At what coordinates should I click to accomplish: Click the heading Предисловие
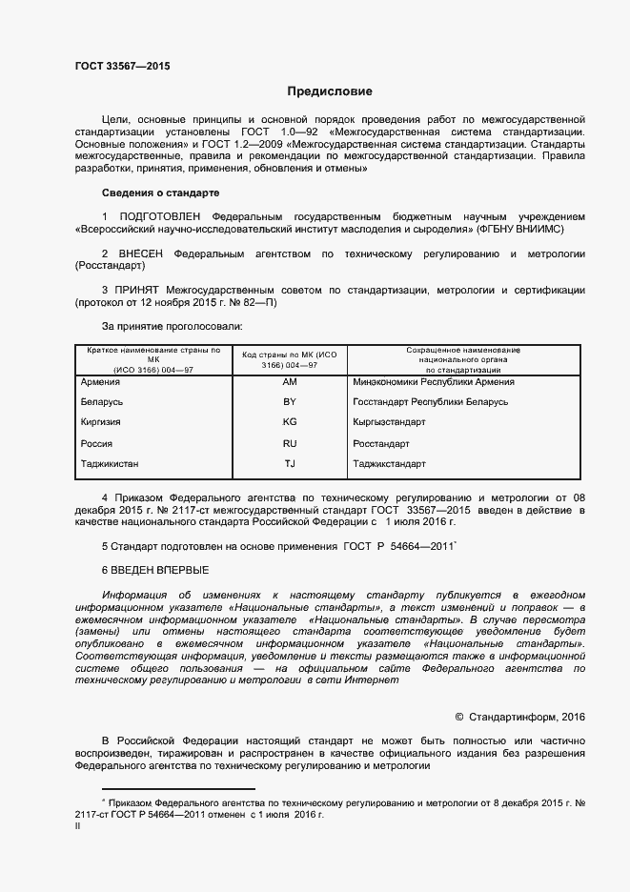point(331,91)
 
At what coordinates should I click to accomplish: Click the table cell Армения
point(102,382)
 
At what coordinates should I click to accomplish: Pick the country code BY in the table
point(290,402)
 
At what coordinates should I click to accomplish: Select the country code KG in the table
point(290,422)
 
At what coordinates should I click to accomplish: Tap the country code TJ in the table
point(290,464)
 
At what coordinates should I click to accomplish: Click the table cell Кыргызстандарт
point(389,422)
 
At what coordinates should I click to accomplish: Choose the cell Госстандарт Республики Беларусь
point(430,402)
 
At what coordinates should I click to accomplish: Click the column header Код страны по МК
point(290,359)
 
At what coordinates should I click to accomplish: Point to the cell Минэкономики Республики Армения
point(433,382)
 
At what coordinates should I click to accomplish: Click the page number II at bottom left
point(78,828)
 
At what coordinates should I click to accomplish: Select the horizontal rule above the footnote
point(178,789)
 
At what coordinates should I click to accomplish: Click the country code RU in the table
point(290,444)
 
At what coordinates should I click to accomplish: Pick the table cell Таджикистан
point(112,464)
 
